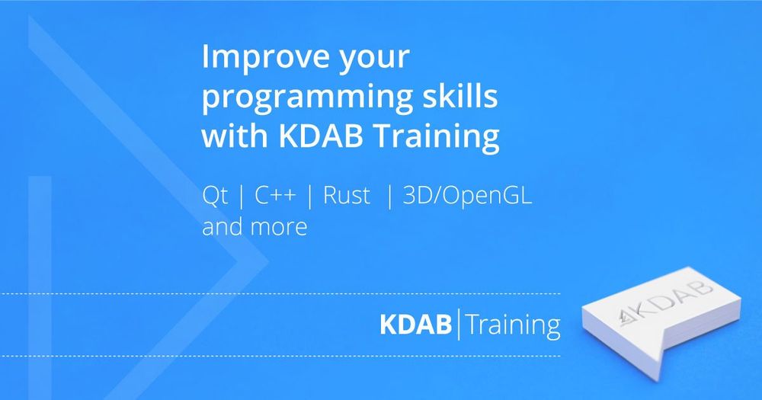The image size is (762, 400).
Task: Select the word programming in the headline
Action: point(303,98)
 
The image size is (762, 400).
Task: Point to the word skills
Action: point(456,94)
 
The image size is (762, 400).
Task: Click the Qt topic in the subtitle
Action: point(215,195)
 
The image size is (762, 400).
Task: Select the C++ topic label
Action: point(275,195)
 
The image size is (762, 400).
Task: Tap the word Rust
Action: point(347,195)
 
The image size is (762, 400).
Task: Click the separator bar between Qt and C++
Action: point(242,197)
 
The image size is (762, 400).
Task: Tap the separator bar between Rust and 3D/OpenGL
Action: point(389,197)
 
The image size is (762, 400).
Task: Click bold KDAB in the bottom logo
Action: point(415,325)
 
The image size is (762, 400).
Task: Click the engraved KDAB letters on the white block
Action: point(665,302)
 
